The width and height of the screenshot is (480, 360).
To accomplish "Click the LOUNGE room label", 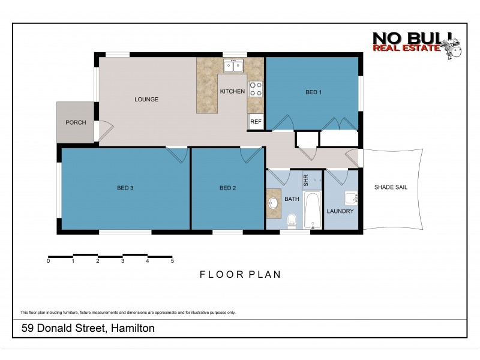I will point(146,100).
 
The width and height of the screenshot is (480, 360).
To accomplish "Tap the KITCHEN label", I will point(232,92).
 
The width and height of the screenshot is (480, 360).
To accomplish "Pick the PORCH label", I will point(76,122).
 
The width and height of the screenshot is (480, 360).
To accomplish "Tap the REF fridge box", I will point(256,122).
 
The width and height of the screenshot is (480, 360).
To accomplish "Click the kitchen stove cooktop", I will point(256,89).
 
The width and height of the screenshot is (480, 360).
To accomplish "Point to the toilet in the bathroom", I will point(292,220).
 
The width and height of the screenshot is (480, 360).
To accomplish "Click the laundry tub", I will point(351,199).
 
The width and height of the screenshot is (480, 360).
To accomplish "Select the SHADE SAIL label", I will point(391,187).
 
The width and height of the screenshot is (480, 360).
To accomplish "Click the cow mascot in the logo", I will point(451,48).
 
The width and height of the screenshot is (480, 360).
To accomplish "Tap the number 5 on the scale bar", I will point(172,261).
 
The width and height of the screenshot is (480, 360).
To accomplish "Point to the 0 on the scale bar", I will point(48,261).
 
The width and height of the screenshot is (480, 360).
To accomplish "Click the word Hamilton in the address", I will point(131,328).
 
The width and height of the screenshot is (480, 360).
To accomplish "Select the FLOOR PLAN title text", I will point(240,274).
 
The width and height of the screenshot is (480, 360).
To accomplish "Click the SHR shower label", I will point(305,179).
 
